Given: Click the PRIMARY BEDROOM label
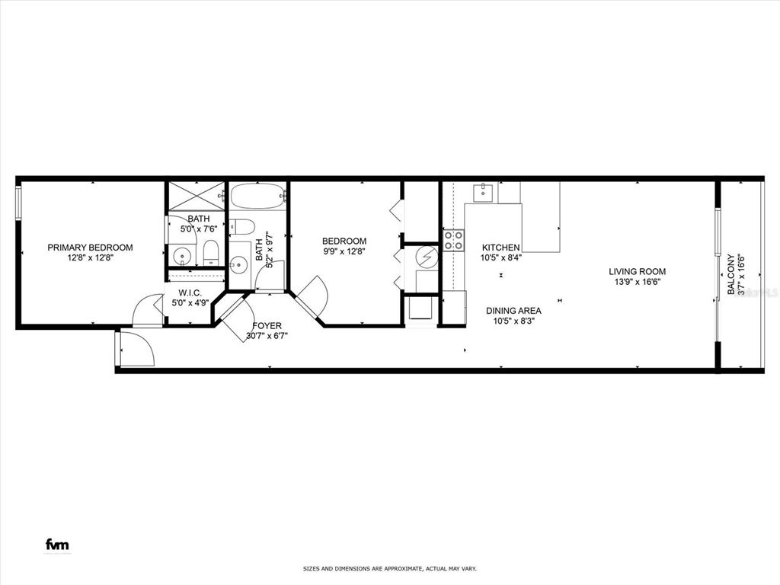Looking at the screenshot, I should [x=90, y=248].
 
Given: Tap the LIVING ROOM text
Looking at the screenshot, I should [x=637, y=271].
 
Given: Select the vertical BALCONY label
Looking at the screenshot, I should [x=731, y=274].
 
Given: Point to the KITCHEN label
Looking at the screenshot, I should [x=500, y=248].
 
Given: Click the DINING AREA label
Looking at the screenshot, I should [x=513, y=311].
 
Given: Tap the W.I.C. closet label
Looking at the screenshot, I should [x=190, y=292].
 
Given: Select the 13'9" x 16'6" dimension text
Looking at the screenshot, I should [x=637, y=282].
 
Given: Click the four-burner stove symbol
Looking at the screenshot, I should [x=454, y=241].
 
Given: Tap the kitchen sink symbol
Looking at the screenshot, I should [x=484, y=192].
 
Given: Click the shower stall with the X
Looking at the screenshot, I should [x=196, y=194].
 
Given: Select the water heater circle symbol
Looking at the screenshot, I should [x=427, y=258].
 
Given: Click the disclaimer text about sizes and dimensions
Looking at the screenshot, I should [x=389, y=569].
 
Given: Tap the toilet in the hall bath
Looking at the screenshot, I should [x=241, y=226].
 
